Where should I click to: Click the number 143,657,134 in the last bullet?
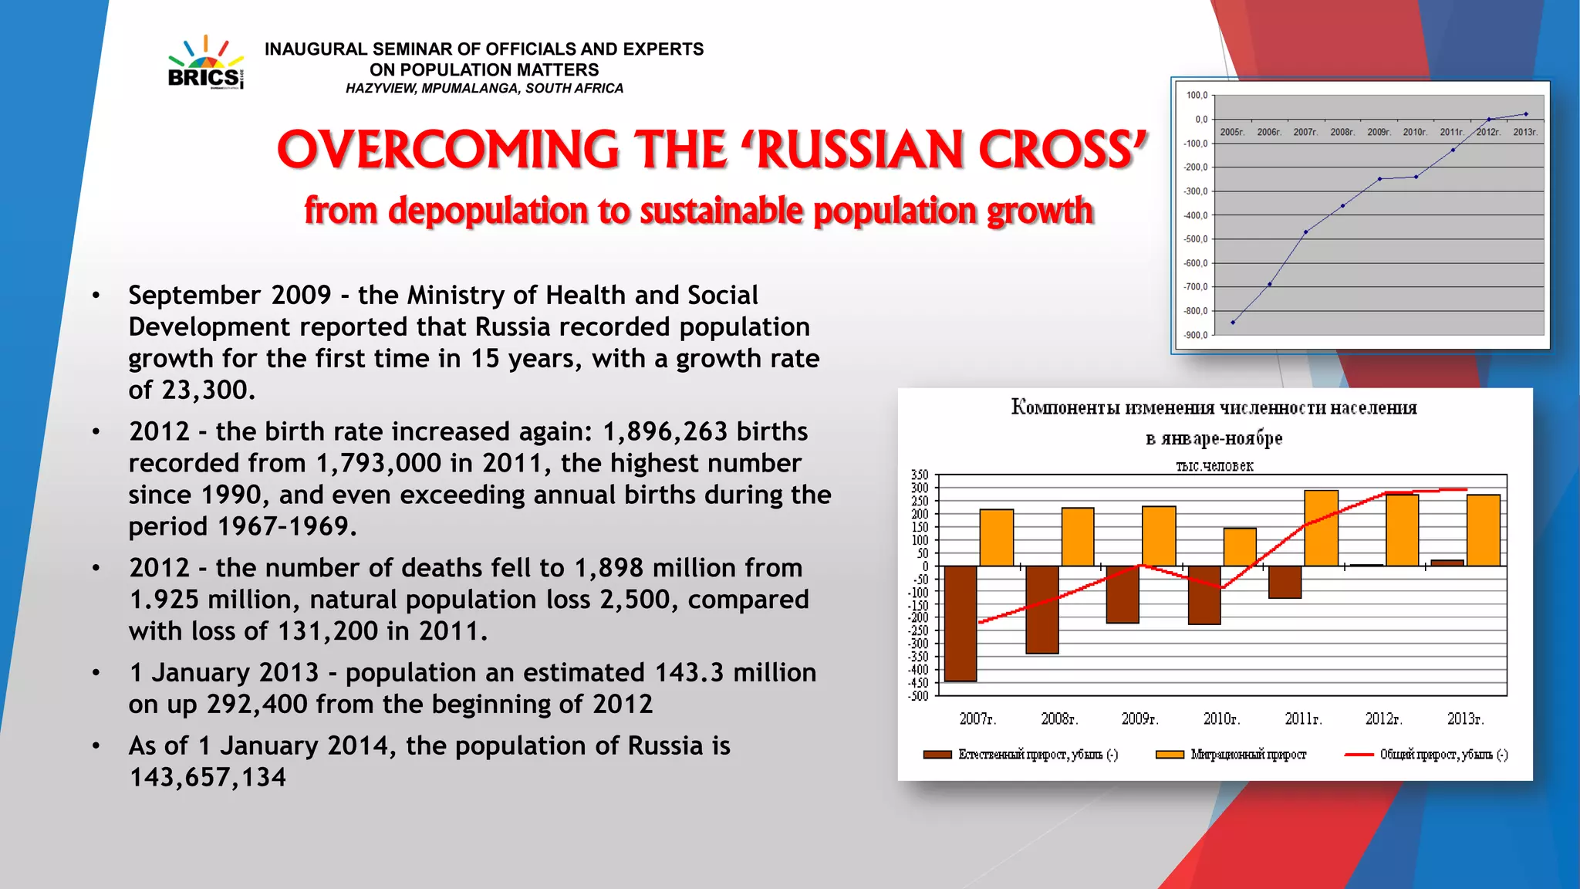(x=208, y=778)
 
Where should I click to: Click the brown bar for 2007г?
(x=960, y=623)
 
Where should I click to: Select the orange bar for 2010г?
(x=1240, y=547)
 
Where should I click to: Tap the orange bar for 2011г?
(x=1321, y=529)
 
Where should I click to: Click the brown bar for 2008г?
(x=1042, y=610)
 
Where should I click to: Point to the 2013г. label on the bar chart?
(x=1465, y=719)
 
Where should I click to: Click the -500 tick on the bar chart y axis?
(x=919, y=696)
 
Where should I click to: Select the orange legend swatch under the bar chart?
(x=1170, y=755)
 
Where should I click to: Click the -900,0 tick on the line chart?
(x=1196, y=335)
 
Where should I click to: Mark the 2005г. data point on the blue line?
(x=1233, y=323)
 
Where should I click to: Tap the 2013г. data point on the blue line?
(x=1525, y=114)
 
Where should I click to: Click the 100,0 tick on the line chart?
(x=1197, y=96)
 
